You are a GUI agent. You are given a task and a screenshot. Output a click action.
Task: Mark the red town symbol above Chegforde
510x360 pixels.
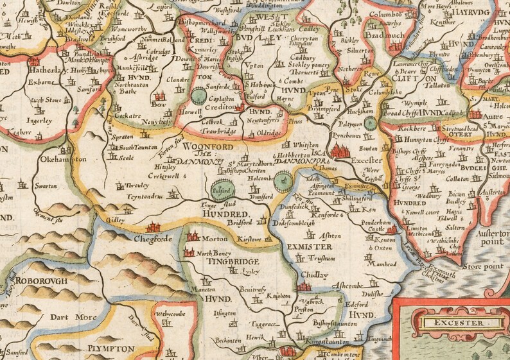tap(154, 227)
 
